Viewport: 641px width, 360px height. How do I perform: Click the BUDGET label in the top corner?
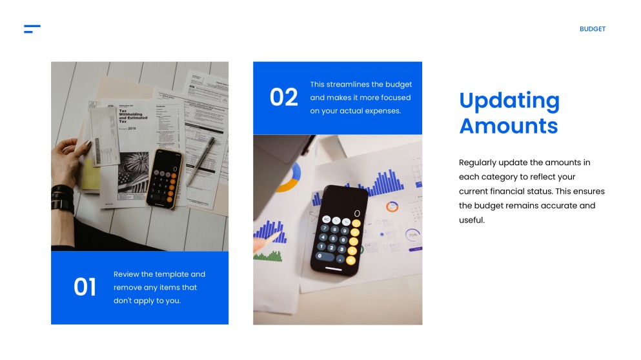coord(592,29)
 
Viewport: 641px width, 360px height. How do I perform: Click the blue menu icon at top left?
coord(32,29)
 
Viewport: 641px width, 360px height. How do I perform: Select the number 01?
coord(85,287)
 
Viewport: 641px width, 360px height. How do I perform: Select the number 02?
coord(284,97)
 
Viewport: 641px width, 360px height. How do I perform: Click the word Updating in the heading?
coord(509,101)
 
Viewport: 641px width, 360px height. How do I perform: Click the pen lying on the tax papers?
coord(201,161)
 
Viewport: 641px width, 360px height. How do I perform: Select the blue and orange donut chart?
coord(292,177)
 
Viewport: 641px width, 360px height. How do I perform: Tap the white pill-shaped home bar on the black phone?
coord(333,268)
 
